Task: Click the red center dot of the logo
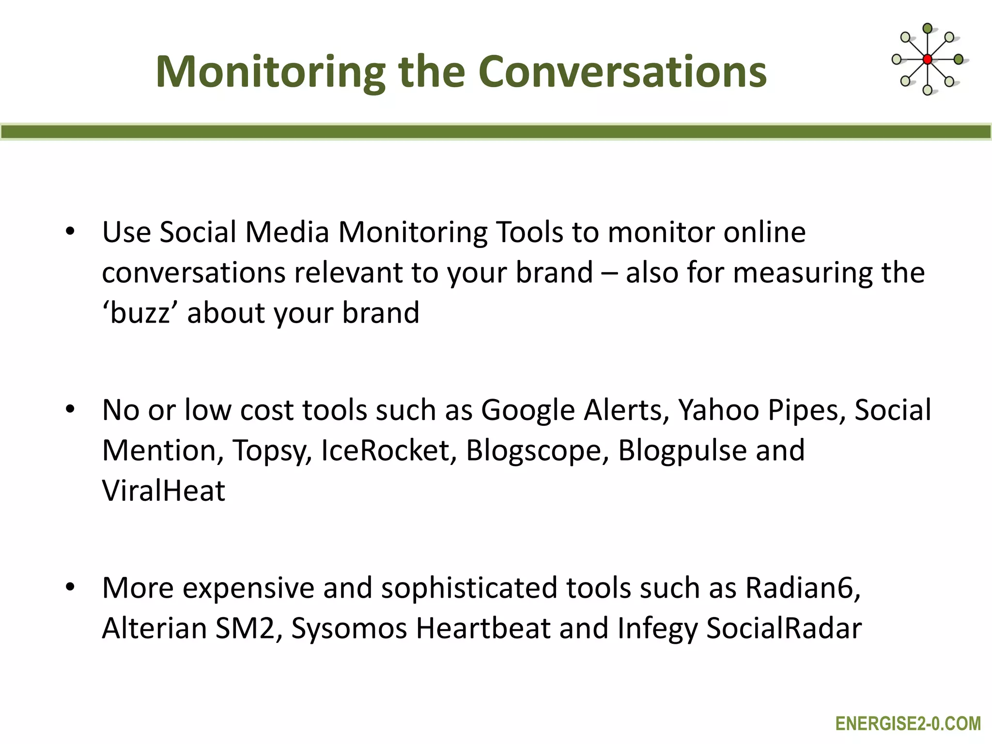click(927, 60)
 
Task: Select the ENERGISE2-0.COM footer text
click(908, 724)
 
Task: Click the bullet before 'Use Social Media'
click(70, 232)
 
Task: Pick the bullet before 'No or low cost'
click(70, 410)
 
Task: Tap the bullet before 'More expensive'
click(70, 588)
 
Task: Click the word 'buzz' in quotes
click(140, 312)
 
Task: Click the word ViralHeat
click(164, 491)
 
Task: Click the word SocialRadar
click(784, 628)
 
